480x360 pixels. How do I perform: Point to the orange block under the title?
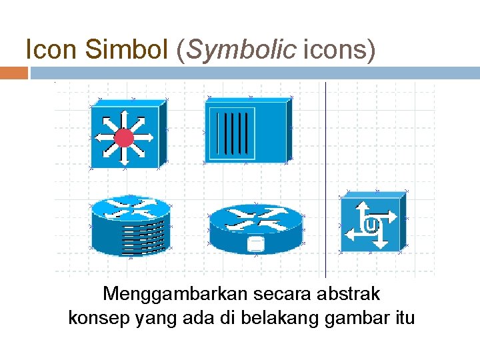(13, 73)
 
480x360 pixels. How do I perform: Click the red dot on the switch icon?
(124, 138)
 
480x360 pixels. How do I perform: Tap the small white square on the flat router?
(255, 243)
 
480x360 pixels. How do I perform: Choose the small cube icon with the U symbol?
(372, 222)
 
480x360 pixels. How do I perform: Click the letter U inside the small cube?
(372, 225)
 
